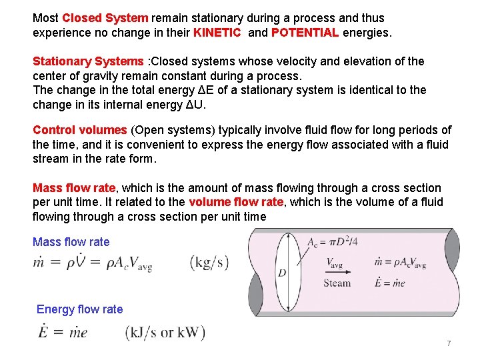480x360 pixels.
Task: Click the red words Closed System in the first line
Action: [106, 18]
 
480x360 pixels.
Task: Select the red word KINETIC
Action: [217, 32]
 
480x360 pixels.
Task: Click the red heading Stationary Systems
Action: [88, 61]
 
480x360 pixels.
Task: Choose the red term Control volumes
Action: [79, 130]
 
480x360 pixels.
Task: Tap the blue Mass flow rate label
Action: [71, 242]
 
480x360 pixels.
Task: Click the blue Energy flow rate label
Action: [79, 309]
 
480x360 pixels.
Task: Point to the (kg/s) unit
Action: [209, 262]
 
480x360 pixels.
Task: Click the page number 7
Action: [449, 343]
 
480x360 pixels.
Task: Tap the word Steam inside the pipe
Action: [337, 283]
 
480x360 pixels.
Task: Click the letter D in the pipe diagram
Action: [282, 273]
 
